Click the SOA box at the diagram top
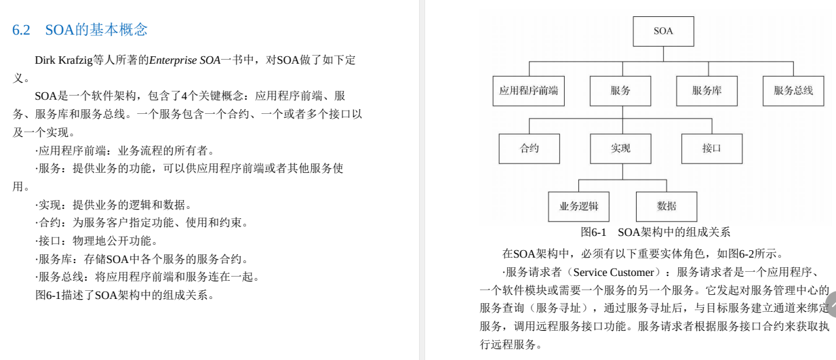(663, 31)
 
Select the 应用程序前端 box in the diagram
(529, 91)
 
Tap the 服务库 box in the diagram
(706, 91)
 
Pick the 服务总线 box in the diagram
(793, 91)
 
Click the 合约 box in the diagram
(529, 148)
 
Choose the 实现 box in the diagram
(620, 148)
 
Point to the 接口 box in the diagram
(711, 148)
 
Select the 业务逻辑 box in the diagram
(578, 206)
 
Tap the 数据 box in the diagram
(666, 206)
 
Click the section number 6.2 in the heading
(22, 30)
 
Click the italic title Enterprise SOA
(184, 60)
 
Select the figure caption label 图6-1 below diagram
(593, 233)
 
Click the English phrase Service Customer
(613, 273)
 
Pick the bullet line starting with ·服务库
(142, 259)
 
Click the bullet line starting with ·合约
(142, 222)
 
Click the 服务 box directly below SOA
(620, 91)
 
